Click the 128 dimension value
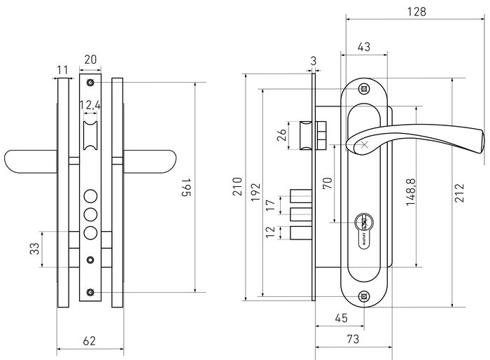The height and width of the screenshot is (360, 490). [416, 12]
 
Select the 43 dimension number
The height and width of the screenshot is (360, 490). [364, 47]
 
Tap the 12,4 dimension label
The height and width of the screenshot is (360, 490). [90, 105]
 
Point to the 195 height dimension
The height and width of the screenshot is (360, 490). [187, 188]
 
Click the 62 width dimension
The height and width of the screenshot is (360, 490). [90, 340]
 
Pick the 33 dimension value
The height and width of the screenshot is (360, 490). [35, 249]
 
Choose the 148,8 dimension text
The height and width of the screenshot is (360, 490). [411, 192]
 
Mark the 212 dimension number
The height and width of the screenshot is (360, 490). [459, 193]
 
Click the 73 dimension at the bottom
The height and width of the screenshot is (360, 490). [353, 339]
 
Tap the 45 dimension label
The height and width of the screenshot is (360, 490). [341, 318]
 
